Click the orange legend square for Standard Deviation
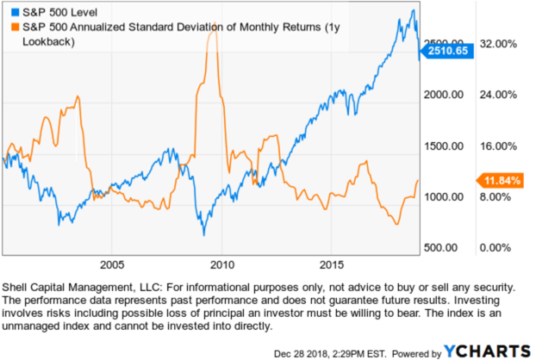pos(9,28)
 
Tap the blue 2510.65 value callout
pos(446,51)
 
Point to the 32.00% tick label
pos(497,43)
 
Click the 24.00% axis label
pos(497,95)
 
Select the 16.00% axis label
pos(497,146)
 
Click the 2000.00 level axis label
pos(446,95)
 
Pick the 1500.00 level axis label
pos(446,146)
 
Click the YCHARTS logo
pos(486,348)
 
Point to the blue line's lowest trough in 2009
pos(204,234)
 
